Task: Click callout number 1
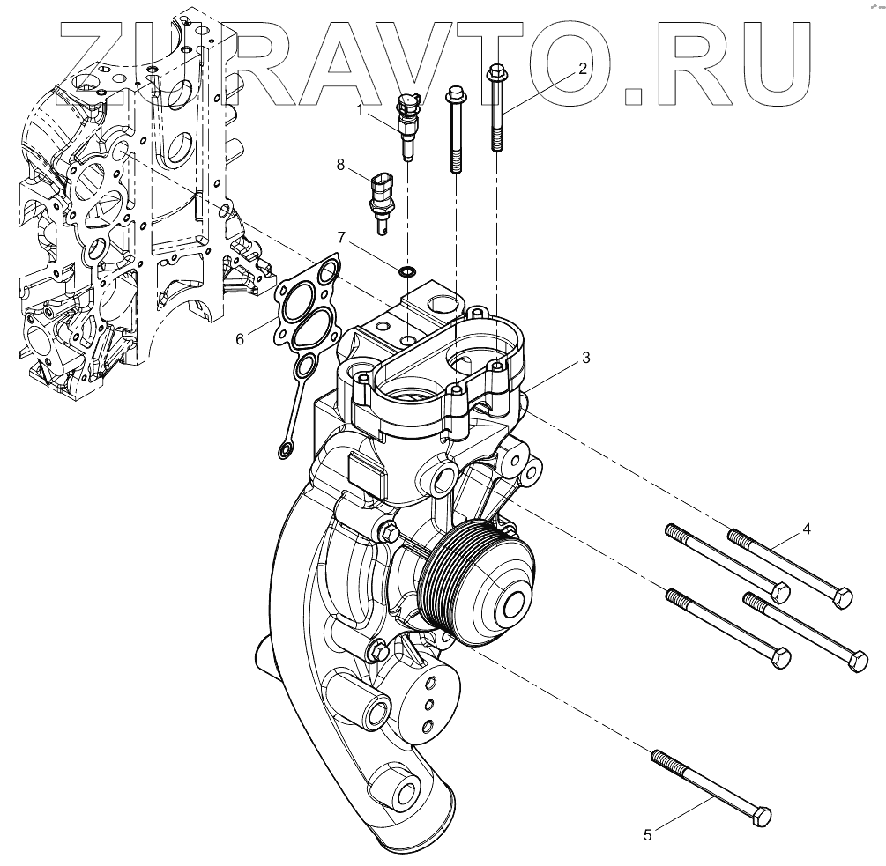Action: click(x=360, y=109)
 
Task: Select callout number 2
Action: click(x=583, y=69)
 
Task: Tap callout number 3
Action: click(x=586, y=358)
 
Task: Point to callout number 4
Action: click(x=807, y=529)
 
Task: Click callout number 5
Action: click(x=648, y=834)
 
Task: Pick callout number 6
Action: click(x=240, y=339)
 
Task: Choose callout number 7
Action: click(x=340, y=235)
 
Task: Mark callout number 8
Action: click(x=340, y=164)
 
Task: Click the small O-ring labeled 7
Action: click(x=406, y=271)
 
